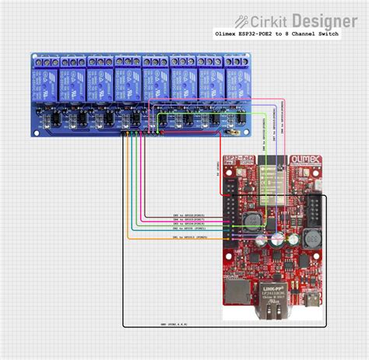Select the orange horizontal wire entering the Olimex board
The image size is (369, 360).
click(x=179, y=239)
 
